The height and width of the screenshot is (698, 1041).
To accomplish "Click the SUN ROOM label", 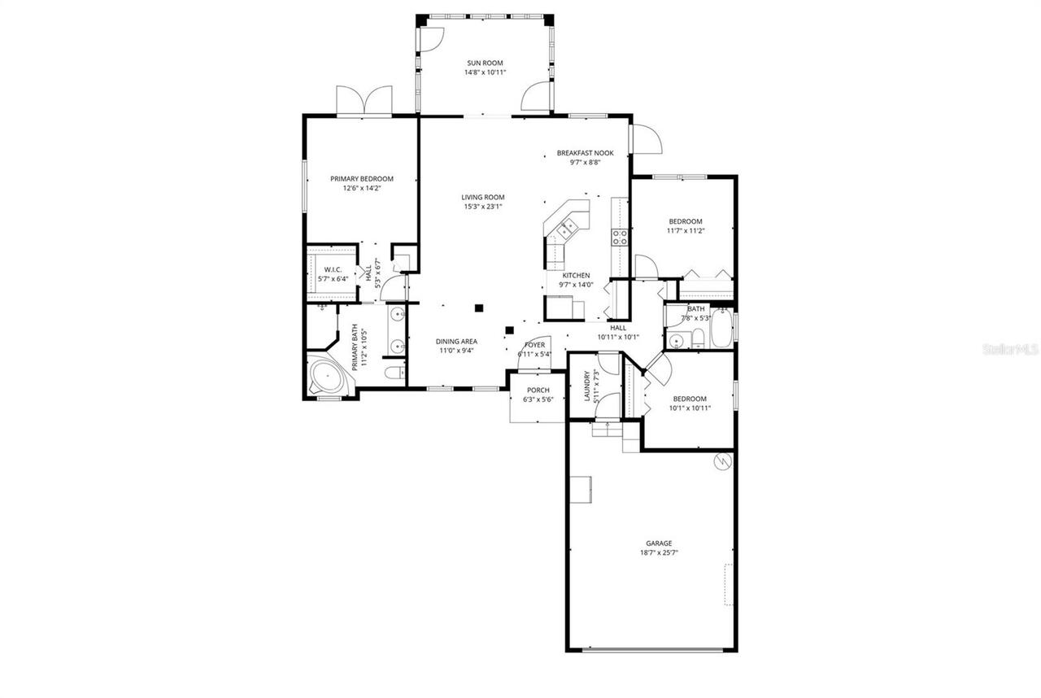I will (485, 63).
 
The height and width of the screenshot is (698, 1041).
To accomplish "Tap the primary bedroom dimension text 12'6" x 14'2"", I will (361, 188).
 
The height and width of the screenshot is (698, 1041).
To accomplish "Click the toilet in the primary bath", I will (394, 373).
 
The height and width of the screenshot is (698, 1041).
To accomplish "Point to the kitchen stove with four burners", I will (620, 238).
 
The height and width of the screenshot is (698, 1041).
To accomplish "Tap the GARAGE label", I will (659, 543).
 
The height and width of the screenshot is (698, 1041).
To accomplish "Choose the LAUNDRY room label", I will (586, 387).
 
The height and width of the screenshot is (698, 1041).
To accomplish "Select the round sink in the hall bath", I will (676, 340).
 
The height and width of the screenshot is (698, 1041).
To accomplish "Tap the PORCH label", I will (538, 390).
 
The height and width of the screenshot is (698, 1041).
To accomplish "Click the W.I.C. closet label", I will (333, 269).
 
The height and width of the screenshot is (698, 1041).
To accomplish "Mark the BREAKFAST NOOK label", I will (585, 153).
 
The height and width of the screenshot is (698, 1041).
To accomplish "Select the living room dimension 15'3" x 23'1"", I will (483, 207).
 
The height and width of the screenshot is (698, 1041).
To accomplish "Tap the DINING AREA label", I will (456, 342).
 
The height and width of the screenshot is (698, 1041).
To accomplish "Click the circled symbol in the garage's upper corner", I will (721, 462).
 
